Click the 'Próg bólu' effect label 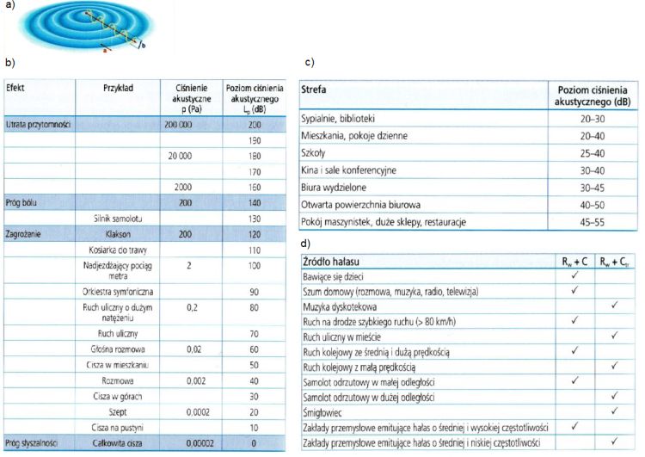[25, 203]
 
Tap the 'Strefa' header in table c [315, 90]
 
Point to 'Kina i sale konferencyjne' [348, 170]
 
